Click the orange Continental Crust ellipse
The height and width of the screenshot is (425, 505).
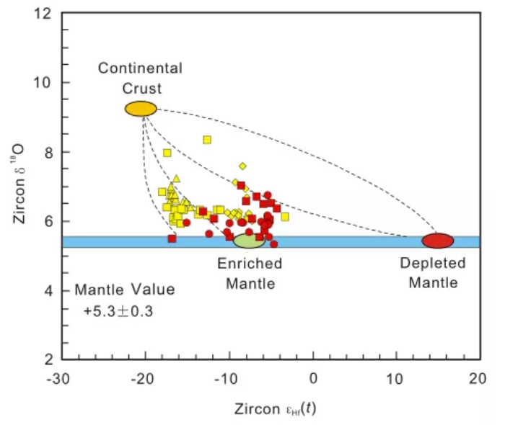pyautogui.click(x=141, y=109)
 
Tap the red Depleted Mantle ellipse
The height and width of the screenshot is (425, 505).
pyautogui.click(x=437, y=241)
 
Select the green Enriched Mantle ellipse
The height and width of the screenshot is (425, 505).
pyautogui.click(x=249, y=241)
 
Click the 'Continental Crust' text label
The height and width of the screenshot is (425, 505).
pyautogui.click(x=140, y=78)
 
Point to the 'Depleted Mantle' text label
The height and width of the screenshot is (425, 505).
pyautogui.click(x=433, y=273)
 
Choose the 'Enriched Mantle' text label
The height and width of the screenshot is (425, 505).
pyautogui.click(x=250, y=273)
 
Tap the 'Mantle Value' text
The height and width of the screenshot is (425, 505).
pyautogui.click(x=124, y=290)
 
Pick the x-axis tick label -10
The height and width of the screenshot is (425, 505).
pyautogui.click(x=229, y=377)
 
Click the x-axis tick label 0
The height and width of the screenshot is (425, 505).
pyautogui.click(x=313, y=377)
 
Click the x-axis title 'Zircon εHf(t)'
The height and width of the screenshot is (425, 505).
pyautogui.click(x=275, y=408)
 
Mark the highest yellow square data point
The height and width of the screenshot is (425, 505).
pyautogui.click(x=207, y=140)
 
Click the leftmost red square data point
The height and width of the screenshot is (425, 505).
pyautogui.click(x=172, y=238)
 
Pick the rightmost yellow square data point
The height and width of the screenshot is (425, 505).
pyautogui.click(x=285, y=216)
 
